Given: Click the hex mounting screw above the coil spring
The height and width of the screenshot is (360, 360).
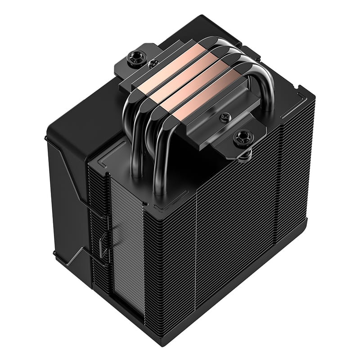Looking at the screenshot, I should pyautogui.click(x=243, y=136).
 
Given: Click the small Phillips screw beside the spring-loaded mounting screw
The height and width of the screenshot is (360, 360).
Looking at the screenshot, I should pyautogui.click(x=224, y=118).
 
